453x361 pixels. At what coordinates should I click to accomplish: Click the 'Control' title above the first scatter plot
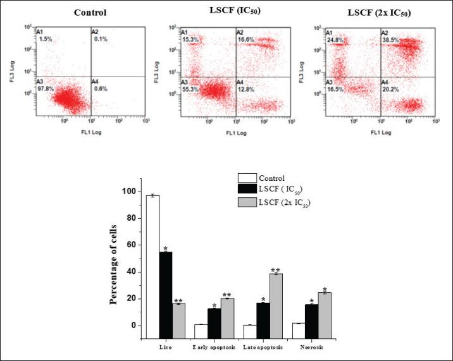pyautogui.click(x=90, y=13)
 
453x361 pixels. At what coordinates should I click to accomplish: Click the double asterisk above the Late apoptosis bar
pyautogui.click(x=276, y=270)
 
